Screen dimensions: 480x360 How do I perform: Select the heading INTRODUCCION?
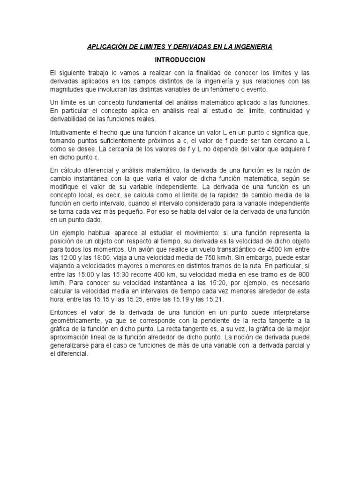pyautogui.click(x=180, y=60)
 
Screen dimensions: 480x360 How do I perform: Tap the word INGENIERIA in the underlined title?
pyautogui.click(x=252, y=47)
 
